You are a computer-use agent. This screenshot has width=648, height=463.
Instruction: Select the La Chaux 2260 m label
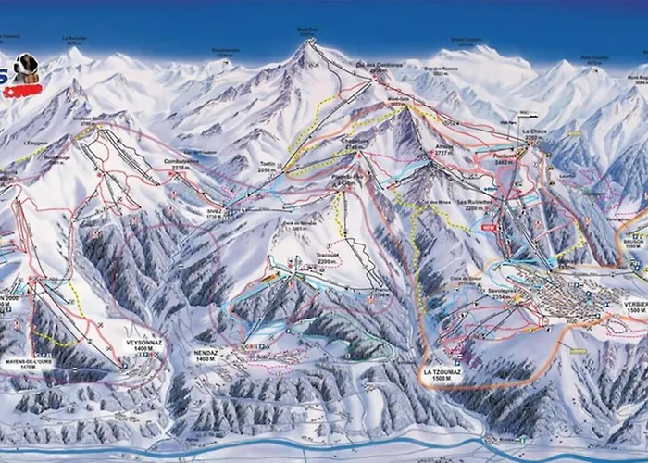pyautogui.click(x=535, y=135)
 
